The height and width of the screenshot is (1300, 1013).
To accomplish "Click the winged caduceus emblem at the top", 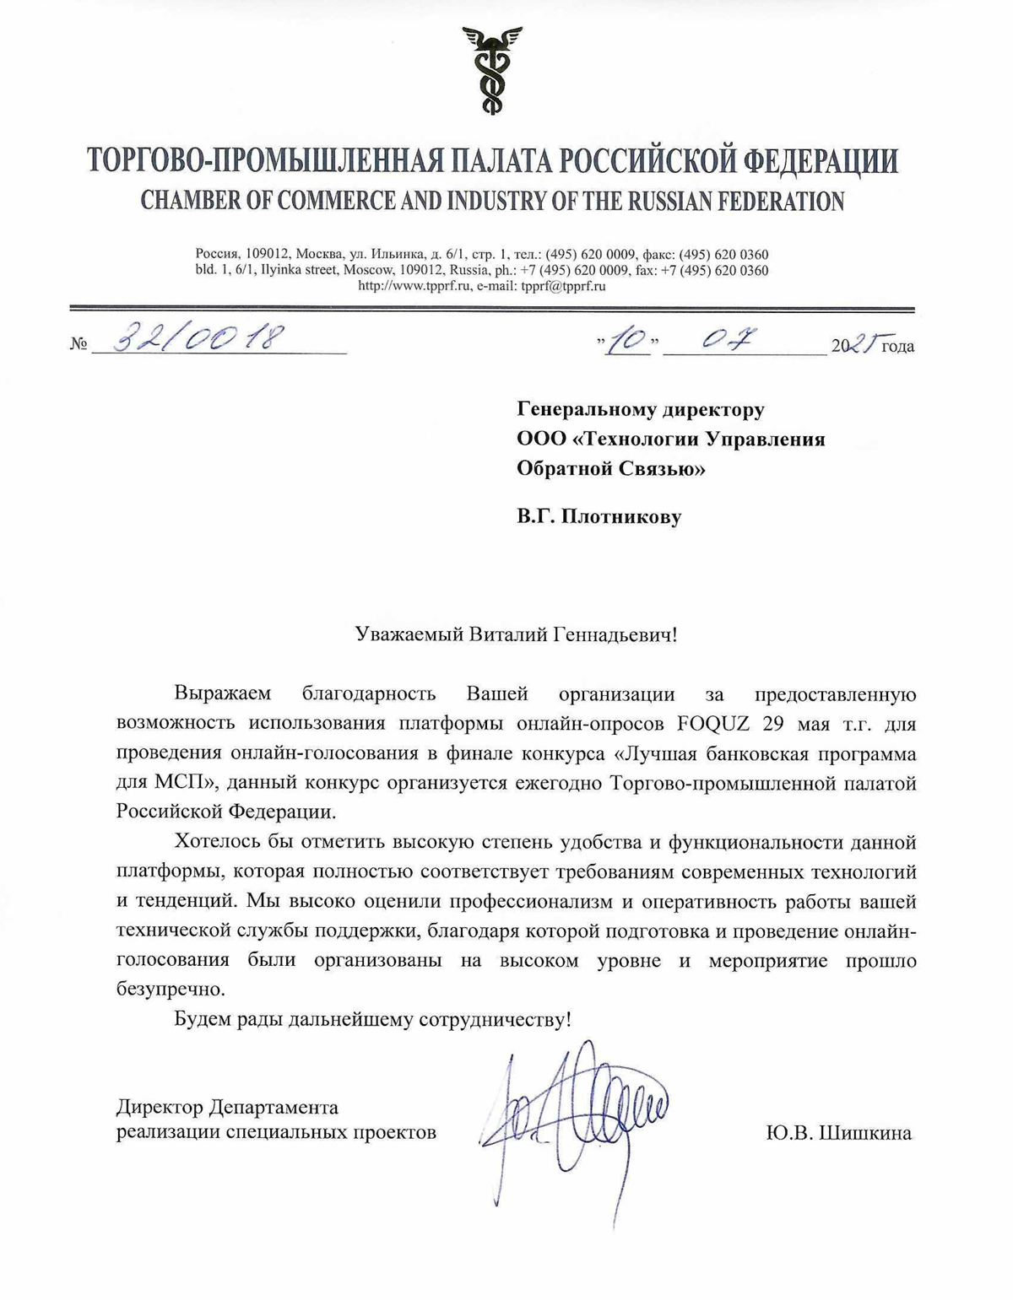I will [x=491, y=70].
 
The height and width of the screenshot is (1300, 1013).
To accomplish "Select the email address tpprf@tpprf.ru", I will [x=563, y=286].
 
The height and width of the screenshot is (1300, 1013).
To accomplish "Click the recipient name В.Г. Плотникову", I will [x=599, y=516].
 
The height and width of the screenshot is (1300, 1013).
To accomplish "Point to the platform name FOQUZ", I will [x=716, y=724].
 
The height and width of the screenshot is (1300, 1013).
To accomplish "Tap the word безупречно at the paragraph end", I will [x=171, y=989].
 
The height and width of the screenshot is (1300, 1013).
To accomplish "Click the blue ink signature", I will [x=574, y=1114].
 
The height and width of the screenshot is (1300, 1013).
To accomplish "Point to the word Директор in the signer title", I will [x=159, y=1107].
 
